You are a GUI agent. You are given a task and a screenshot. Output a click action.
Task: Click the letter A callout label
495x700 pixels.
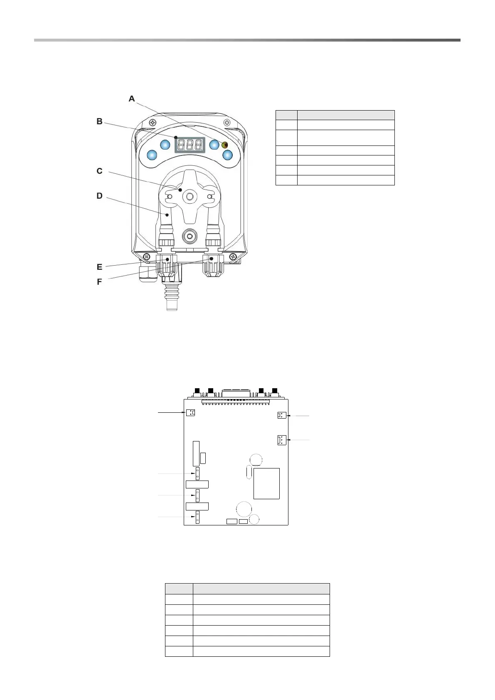point(132,99)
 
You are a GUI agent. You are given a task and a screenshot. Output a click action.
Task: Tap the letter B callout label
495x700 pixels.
point(100,121)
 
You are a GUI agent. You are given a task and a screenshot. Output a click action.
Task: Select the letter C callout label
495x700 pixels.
point(100,171)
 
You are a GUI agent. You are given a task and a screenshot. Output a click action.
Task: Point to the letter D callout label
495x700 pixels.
point(100,195)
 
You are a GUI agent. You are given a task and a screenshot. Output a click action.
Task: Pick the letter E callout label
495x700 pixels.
point(100,267)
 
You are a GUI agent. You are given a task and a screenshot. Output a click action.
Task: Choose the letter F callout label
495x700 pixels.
point(100,282)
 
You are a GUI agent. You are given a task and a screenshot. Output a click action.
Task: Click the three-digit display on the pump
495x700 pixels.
point(190,145)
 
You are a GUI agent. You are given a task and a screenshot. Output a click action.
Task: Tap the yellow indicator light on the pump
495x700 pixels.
point(225,145)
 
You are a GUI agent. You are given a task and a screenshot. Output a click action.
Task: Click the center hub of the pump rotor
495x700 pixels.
point(190,196)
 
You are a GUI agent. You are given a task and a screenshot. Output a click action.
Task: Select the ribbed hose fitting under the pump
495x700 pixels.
point(170,296)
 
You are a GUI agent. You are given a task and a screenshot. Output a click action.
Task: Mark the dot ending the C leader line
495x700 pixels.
point(180,190)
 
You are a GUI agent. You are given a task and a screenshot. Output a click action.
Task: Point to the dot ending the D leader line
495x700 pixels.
point(167,215)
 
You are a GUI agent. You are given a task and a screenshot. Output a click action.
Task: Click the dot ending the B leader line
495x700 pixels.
point(176,137)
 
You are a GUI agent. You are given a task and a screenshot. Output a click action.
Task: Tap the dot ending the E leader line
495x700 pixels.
point(167,259)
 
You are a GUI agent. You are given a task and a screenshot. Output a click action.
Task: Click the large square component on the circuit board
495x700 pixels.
point(266,483)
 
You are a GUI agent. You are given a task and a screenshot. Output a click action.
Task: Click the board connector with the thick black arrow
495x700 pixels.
point(191,413)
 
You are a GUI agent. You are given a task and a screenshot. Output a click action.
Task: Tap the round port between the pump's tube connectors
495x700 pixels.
point(190,236)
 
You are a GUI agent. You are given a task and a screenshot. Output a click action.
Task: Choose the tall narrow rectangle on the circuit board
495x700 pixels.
point(196,454)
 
